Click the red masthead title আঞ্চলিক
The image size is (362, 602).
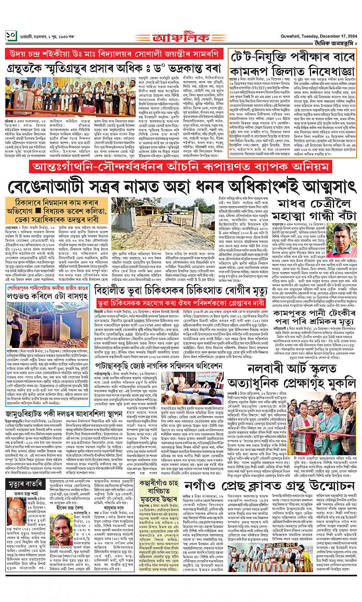[181, 38]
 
